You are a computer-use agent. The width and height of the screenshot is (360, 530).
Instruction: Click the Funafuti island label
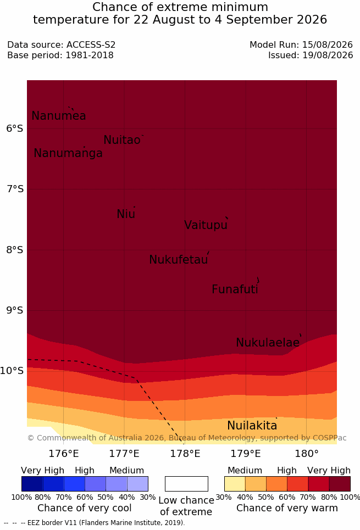235,289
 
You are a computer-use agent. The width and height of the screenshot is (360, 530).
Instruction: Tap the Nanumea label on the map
58,116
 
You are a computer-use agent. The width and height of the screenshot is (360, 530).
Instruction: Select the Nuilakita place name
252,426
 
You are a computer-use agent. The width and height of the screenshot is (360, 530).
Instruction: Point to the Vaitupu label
206,225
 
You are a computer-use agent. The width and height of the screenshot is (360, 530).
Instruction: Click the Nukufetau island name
178,260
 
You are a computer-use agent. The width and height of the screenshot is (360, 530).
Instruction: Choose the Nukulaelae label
268,342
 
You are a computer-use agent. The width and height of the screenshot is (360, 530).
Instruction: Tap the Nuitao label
122,140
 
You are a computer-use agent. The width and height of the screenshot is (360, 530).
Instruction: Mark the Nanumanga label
68,153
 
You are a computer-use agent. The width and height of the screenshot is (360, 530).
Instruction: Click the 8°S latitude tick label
15,250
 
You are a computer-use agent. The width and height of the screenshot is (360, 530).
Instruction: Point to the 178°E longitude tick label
185,454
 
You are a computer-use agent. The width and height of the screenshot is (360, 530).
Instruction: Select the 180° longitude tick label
307,454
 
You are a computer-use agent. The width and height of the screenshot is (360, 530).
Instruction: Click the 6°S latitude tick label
15,129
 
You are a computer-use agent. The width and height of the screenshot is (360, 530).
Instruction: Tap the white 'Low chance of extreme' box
186,484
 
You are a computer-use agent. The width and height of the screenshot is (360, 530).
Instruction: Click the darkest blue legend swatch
32,484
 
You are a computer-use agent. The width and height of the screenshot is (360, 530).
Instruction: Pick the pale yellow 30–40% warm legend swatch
235,484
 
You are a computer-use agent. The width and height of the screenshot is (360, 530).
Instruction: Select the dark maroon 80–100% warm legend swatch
340,484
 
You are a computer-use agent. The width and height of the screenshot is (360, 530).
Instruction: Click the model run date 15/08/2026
328,44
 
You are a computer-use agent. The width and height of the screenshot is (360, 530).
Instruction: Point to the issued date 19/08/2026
328,55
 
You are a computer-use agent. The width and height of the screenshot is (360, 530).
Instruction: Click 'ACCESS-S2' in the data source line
91,44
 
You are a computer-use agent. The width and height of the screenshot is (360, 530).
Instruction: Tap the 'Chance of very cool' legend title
84,508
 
